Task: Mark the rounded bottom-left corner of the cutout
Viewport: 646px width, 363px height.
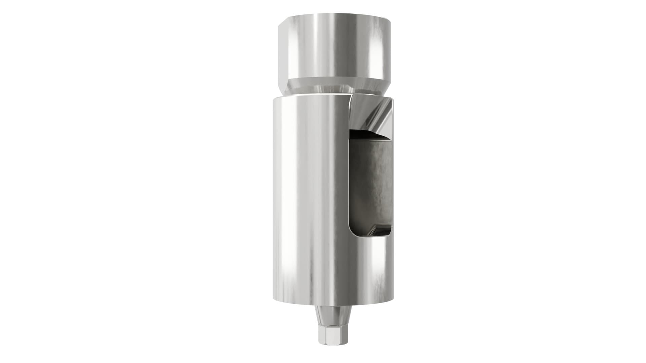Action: pos(353,232)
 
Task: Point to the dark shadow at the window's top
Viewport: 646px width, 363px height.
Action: pos(370,135)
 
